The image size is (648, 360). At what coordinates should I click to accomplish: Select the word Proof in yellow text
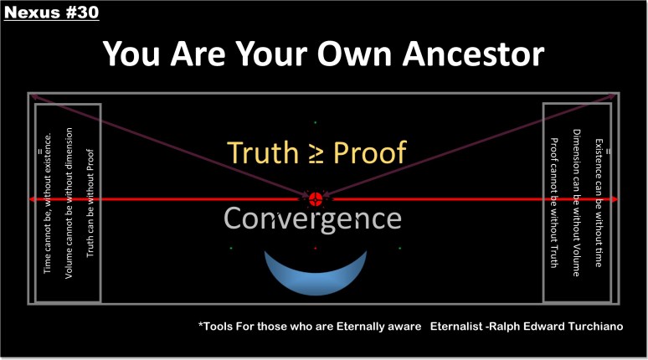(370, 152)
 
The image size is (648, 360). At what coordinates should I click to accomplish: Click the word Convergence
(312, 219)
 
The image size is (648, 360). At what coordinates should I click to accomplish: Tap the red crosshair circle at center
(316, 199)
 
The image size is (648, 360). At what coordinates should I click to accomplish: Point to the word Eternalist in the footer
(457, 327)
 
